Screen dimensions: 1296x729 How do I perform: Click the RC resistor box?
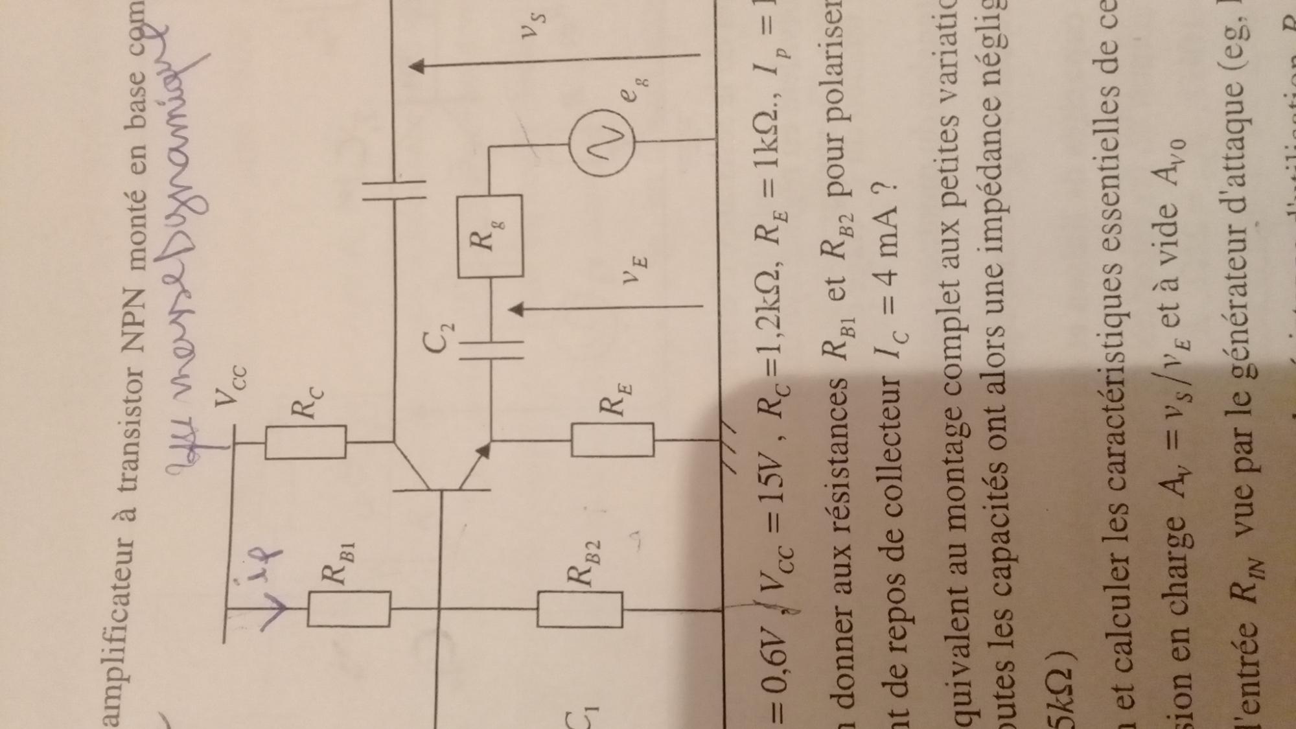coord(306,442)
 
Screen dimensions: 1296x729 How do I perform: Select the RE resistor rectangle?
coord(612,439)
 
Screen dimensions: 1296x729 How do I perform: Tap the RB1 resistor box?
coord(349,609)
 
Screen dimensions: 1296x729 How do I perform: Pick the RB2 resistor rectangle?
coord(580,609)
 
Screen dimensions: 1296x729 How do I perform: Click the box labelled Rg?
coord(491,237)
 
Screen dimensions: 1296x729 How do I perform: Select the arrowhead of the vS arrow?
coord(418,65)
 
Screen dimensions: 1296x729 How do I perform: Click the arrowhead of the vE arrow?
coord(516,309)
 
